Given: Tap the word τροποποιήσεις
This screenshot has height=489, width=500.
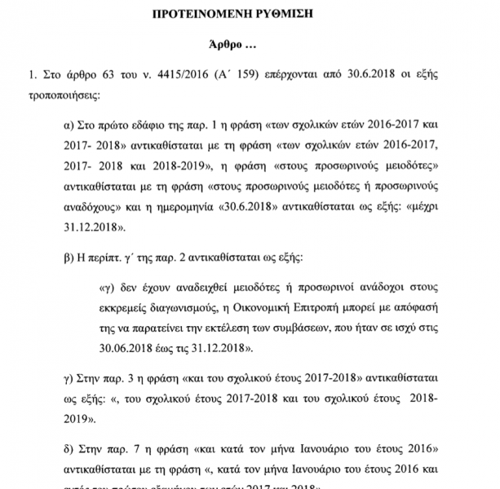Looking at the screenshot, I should coord(62,96).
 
